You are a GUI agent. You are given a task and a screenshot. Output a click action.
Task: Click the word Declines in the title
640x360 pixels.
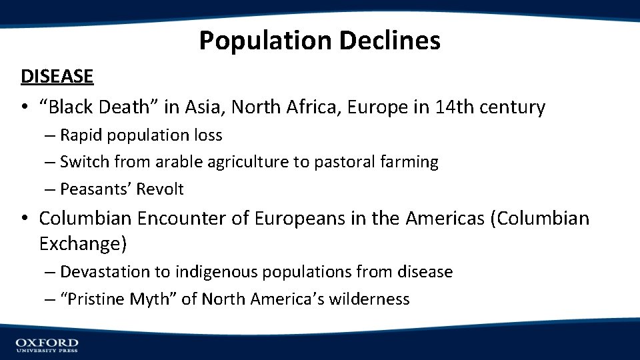click(389, 41)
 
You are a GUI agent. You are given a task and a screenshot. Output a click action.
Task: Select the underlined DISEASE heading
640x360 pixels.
click(57, 77)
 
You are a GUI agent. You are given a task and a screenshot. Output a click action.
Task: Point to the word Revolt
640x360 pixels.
click(160, 189)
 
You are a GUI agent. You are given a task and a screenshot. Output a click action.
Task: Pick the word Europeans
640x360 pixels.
click(312, 218)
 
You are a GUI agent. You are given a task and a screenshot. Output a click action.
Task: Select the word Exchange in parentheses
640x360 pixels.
click(80, 244)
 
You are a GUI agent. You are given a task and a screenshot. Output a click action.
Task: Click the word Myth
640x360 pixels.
click(155, 299)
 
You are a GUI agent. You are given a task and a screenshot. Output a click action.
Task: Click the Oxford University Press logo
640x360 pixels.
click(47, 345)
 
